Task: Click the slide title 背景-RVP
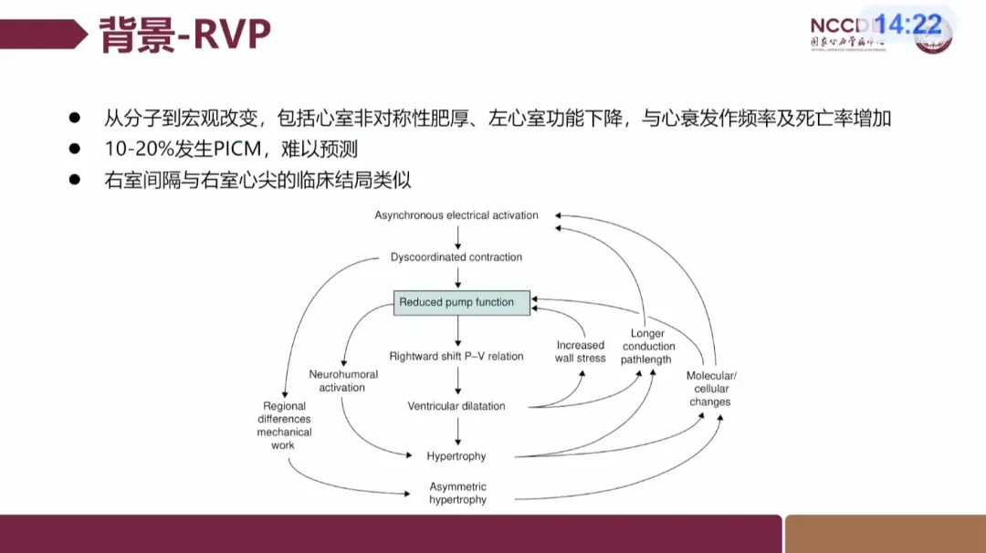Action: pos(184,35)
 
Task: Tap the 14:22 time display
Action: pos(908,25)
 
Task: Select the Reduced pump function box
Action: pos(461,302)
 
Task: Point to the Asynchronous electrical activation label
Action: pos(456,215)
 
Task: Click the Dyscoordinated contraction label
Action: pos(456,257)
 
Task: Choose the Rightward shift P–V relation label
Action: pos(456,356)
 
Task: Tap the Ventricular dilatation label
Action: pos(456,406)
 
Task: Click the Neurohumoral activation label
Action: pos(342,381)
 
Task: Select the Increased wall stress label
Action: pos(581,351)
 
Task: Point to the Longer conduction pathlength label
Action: pos(647,347)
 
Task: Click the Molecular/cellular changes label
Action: pos(710,389)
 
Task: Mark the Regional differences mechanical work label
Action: pos(284,425)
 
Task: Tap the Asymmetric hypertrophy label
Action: pos(457,494)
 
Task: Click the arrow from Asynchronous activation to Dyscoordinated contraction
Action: pos(456,236)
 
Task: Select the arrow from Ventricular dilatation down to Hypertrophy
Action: pos(456,431)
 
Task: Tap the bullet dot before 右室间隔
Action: pos(76,180)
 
